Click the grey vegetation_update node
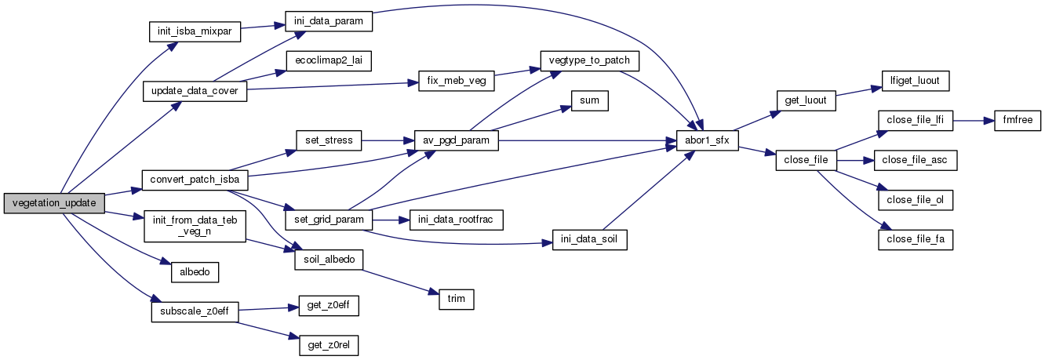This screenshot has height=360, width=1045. (x=54, y=203)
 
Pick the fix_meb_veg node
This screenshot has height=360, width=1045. (x=445, y=81)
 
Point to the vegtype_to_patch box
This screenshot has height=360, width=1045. (x=590, y=60)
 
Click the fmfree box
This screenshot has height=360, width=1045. (x=1018, y=122)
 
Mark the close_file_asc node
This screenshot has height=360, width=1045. (x=915, y=160)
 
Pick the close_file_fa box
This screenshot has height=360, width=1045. (x=915, y=240)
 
